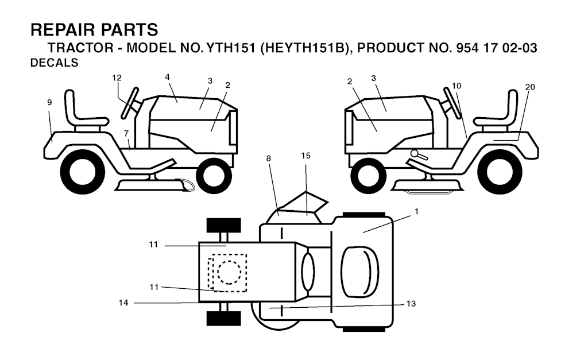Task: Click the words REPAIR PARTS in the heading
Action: point(94,30)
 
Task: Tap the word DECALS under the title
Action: point(54,64)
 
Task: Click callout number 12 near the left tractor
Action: point(117,78)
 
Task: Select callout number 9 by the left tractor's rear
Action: point(49,102)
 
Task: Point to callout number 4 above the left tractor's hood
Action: point(168,77)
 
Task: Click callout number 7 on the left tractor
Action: point(126,134)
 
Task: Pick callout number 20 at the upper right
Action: point(530,87)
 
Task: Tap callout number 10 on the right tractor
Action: point(456,86)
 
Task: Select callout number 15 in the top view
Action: point(305,156)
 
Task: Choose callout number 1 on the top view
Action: point(416,211)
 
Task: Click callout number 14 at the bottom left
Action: point(123,303)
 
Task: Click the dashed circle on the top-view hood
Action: point(229,272)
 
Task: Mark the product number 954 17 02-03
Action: point(496,48)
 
